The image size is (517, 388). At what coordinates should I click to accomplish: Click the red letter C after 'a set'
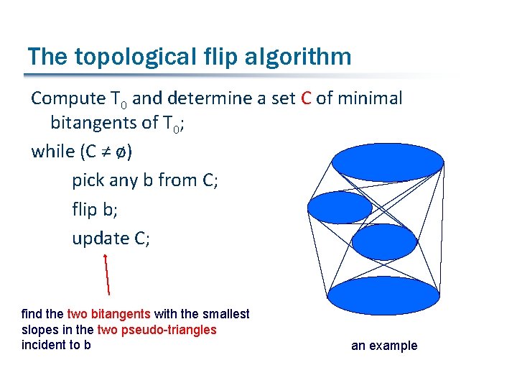[305, 98]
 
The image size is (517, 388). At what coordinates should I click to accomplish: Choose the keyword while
[52, 152]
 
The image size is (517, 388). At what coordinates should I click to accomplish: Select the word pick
[88, 180]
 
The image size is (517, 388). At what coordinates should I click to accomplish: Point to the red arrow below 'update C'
[107, 274]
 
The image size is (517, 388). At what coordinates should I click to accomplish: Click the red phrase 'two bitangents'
[108, 314]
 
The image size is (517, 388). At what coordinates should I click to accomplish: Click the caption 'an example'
[383, 346]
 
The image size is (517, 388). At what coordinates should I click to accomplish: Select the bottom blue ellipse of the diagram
[383, 295]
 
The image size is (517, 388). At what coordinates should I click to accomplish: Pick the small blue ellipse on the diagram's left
[340, 208]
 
